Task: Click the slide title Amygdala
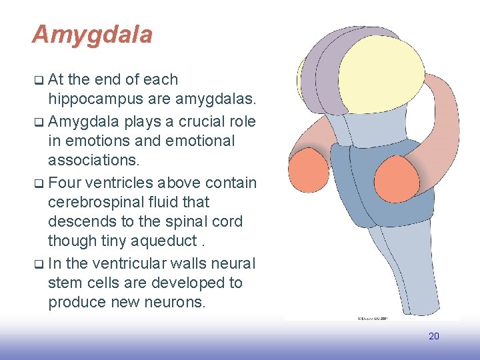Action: (92, 35)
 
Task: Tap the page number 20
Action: (433, 336)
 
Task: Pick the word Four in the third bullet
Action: (65, 182)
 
